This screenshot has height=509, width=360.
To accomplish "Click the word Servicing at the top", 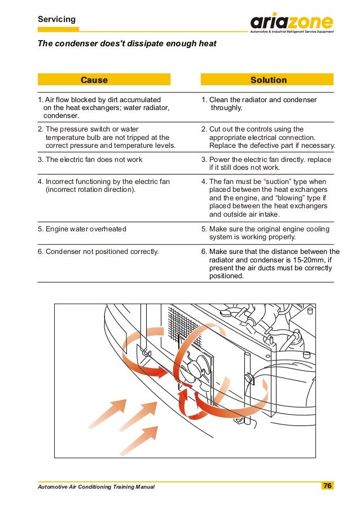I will tap(56, 20).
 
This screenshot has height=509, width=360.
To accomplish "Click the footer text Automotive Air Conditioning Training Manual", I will tap(96, 486).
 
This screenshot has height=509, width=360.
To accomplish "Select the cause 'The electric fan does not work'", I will tap(90, 160).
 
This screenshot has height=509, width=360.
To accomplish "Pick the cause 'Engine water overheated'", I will tap(82, 229).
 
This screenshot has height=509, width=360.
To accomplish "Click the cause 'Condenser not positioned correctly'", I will tap(98, 252).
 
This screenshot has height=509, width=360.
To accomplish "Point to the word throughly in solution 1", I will tap(226, 108).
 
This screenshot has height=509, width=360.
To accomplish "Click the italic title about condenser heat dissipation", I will tap(127, 43).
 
